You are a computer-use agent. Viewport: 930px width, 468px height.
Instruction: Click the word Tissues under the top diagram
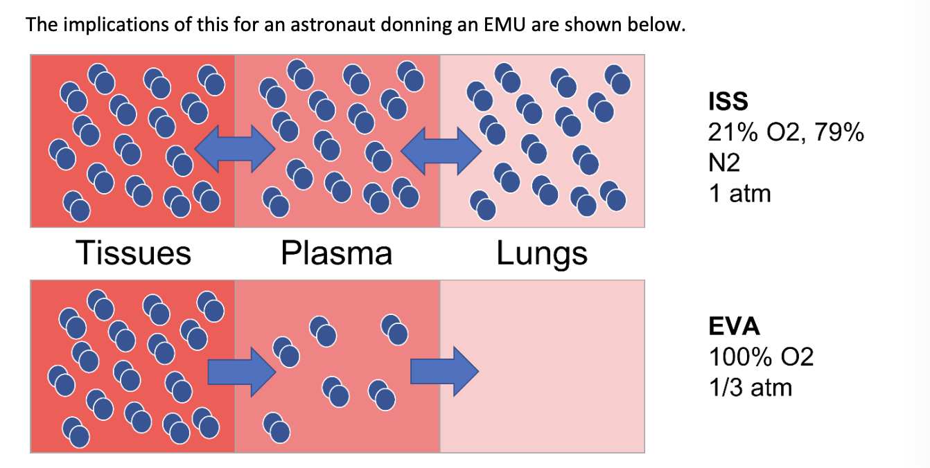tap(133, 253)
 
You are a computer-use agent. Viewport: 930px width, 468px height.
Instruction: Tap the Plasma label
tap(336, 253)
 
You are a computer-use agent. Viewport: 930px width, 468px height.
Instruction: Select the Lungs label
tap(542, 254)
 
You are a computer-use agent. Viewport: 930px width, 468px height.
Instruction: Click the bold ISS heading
tap(728, 101)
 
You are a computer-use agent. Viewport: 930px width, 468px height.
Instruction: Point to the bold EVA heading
tap(734, 326)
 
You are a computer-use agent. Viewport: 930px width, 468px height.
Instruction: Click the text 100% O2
tap(761, 357)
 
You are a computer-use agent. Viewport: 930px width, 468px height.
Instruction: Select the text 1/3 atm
tap(751, 388)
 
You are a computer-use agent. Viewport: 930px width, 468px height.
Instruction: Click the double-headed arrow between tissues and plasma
tap(235, 149)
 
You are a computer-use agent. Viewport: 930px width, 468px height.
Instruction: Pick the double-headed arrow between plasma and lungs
tap(441, 151)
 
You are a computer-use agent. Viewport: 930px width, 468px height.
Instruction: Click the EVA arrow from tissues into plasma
tap(242, 372)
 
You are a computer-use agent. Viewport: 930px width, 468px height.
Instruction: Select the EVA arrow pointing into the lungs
tap(444, 371)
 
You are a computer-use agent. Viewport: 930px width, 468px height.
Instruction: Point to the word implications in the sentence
tap(116, 25)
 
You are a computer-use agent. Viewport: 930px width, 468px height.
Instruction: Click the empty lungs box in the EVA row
tap(542, 366)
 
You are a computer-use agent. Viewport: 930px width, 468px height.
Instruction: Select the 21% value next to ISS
tap(733, 132)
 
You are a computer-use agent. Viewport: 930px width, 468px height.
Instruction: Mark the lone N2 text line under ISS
tap(724, 163)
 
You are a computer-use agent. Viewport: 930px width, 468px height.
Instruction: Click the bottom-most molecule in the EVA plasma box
tap(277, 428)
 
